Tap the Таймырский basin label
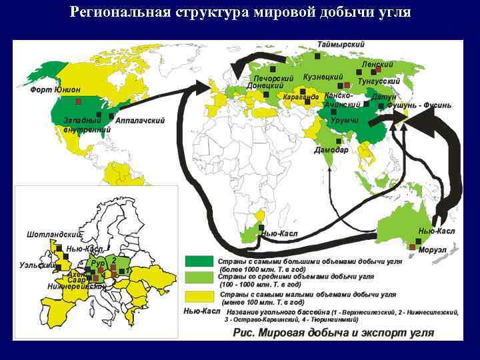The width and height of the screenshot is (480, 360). coord(341,44)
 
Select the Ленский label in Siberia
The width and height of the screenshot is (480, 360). coord(377,64)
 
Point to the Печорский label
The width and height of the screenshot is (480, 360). coord(273,78)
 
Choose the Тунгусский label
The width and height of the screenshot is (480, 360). coord(379,81)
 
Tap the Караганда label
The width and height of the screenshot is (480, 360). coord(300,97)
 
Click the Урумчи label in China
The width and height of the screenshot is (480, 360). coord(345,119)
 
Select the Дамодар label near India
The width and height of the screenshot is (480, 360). coord(331,150)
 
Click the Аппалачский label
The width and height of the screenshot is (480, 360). coord(140,121)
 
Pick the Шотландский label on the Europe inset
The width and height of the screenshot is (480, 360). coord(53,235)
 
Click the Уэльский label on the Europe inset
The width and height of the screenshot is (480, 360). coord(37,265)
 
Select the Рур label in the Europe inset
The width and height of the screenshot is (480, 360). coord(97,263)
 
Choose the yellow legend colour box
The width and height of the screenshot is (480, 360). coord(197,296)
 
